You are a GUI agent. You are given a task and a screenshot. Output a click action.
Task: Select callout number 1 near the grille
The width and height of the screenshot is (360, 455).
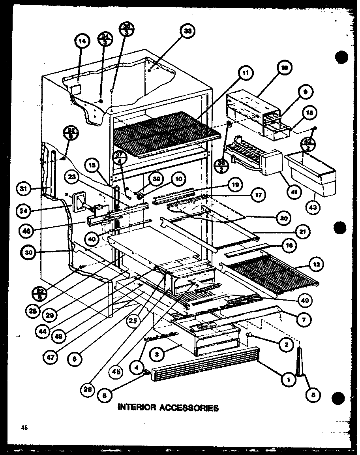[x=289, y=380]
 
